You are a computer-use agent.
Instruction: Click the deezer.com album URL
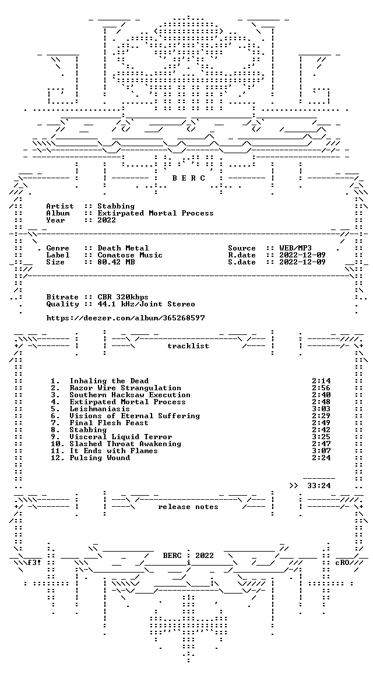125,318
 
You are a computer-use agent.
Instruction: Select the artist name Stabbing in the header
116,206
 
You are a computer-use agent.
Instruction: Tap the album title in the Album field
156,213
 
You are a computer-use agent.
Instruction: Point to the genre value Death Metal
123,248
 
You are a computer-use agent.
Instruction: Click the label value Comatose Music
130,255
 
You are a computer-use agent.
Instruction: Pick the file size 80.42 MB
116,262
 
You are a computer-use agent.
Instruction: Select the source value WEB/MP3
295,248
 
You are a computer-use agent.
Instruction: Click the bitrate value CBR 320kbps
123,297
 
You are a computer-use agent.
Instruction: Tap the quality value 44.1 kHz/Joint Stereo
146,304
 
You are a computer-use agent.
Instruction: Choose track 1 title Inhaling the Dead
109,381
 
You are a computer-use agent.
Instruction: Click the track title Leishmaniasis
100,409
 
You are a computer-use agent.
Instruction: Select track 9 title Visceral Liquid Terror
121,437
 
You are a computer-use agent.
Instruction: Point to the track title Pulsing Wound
100,457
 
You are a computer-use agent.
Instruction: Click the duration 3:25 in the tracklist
321,437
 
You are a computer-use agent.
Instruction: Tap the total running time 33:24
319,486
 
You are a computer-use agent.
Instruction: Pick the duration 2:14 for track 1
321,381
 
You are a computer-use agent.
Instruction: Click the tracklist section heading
188,346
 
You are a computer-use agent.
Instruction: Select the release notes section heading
188,507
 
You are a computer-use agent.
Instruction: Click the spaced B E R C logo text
189,178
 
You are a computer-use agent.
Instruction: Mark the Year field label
55,220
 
